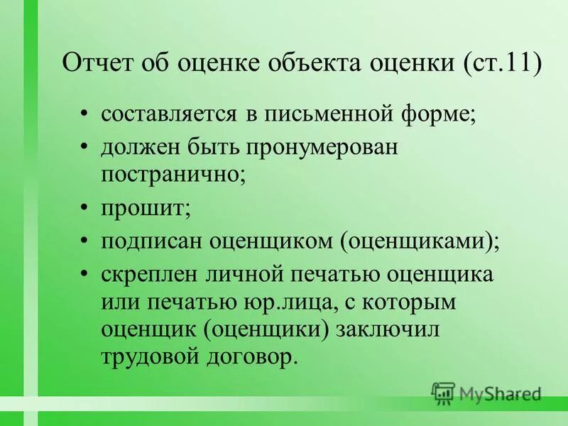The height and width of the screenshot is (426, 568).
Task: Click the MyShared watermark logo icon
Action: click(x=443, y=393)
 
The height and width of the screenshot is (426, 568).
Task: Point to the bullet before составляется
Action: click(x=85, y=114)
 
